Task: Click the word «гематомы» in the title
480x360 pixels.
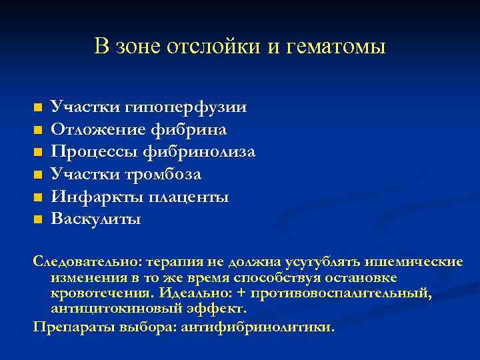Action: [x=341, y=47]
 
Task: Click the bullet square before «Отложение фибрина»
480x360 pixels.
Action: [x=38, y=129]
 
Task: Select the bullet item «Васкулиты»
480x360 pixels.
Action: [x=96, y=219]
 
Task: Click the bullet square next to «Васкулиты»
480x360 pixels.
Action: [x=38, y=219]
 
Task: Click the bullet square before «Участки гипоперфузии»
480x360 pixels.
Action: [x=38, y=107]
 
